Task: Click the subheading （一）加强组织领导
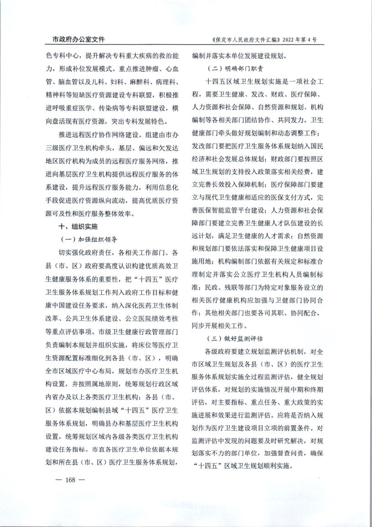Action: click(x=89, y=238)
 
